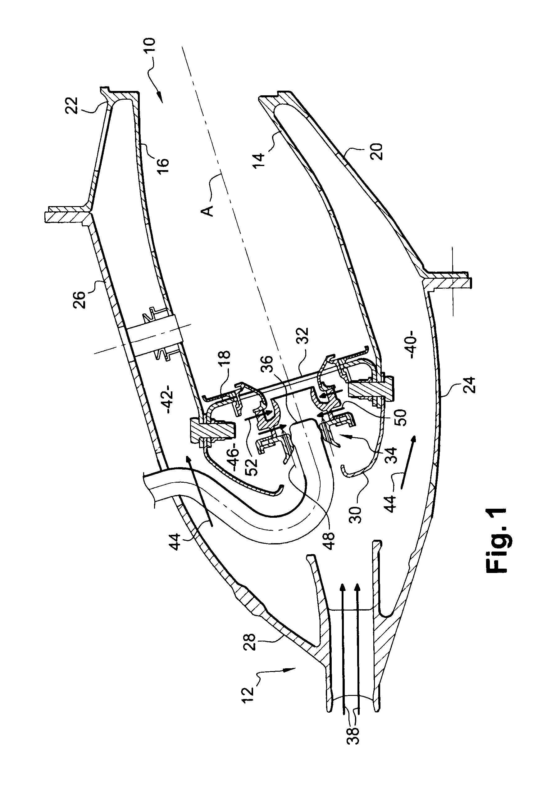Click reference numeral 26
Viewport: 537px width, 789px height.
click(x=80, y=297)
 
